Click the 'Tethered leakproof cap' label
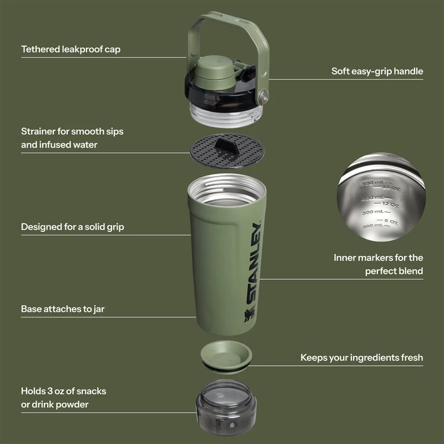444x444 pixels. [x=70, y=49]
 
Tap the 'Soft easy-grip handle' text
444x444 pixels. [x=377, y=71]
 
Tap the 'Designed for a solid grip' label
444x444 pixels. [x=72, y=226]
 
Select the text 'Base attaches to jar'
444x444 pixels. [x=63, y=309]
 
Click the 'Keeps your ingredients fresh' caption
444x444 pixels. [x=361, y=357]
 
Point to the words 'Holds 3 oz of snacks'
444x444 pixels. [x=63, y=391]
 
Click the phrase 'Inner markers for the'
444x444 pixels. [x=378, y=258]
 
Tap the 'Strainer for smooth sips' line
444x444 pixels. [x=72, y=132]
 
